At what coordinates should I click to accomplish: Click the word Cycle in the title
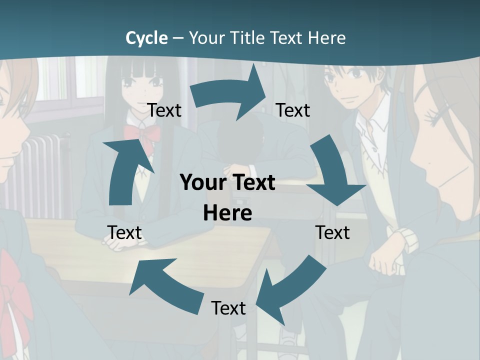[146, 38]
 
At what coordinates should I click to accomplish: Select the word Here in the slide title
[327, 38]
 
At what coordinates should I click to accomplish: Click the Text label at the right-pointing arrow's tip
[293, 110]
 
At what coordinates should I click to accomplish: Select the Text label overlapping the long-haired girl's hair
[164, 110]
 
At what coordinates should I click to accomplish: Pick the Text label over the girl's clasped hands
[124, 232]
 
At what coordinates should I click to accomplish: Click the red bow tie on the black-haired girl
[142, 134]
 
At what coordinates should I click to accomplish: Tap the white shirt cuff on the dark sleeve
[405, 240]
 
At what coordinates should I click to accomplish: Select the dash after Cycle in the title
[178, 38]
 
